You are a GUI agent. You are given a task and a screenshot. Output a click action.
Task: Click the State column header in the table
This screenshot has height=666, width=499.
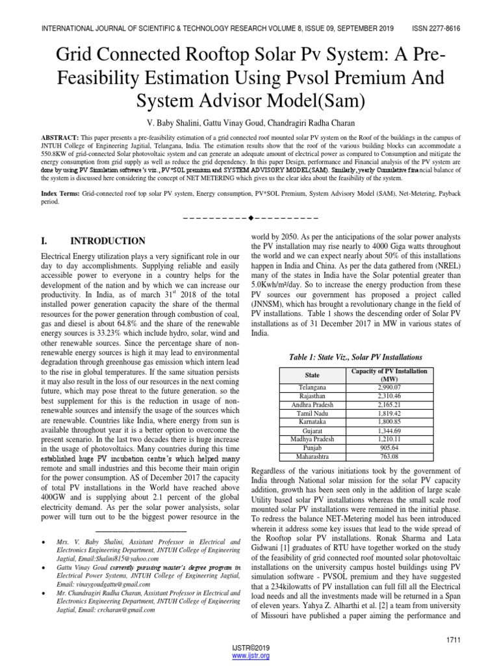(312, 375)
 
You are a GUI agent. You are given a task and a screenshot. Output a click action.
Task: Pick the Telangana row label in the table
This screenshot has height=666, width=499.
(312, 387)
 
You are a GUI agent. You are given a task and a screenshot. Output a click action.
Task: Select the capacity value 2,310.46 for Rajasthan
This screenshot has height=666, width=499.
(389, 395)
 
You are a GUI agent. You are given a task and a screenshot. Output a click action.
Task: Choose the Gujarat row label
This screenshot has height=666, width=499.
(312, 430)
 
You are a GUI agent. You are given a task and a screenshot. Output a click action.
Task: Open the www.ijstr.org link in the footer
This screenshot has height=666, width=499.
(250, 656)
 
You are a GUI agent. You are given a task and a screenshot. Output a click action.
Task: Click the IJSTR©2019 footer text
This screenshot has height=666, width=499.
(250, 648)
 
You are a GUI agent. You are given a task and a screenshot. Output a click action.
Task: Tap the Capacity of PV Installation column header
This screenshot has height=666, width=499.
(389, 375)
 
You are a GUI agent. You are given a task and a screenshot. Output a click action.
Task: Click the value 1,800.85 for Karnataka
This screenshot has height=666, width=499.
(389, 421)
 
